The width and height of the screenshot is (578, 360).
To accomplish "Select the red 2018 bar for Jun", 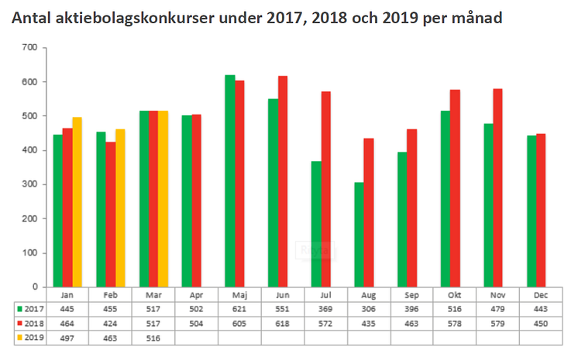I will click(283, 182).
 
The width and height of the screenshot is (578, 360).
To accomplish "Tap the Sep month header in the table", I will click(413, 295).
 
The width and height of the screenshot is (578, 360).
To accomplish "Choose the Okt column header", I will click(456, 295).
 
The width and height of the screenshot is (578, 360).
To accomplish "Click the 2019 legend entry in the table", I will click(30, 338).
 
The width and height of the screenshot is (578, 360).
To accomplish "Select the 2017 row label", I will click(30, 309).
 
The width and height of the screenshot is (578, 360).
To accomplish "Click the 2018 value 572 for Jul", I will click(326, 324).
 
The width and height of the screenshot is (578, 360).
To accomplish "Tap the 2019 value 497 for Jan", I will click(67, 338).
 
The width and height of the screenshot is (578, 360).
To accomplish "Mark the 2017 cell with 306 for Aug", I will click(370, 309).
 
